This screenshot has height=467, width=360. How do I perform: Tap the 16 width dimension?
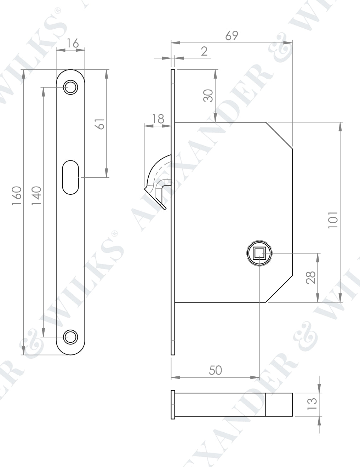73,43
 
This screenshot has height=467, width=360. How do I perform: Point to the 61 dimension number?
101,124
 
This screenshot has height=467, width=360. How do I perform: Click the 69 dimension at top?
232,36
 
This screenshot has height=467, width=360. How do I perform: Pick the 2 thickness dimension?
204,51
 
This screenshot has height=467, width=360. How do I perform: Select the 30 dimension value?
208,96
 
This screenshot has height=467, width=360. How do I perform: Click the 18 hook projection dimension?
158,119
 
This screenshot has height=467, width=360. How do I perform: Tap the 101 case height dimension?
333,220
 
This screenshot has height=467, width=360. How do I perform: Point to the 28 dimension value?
310,278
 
